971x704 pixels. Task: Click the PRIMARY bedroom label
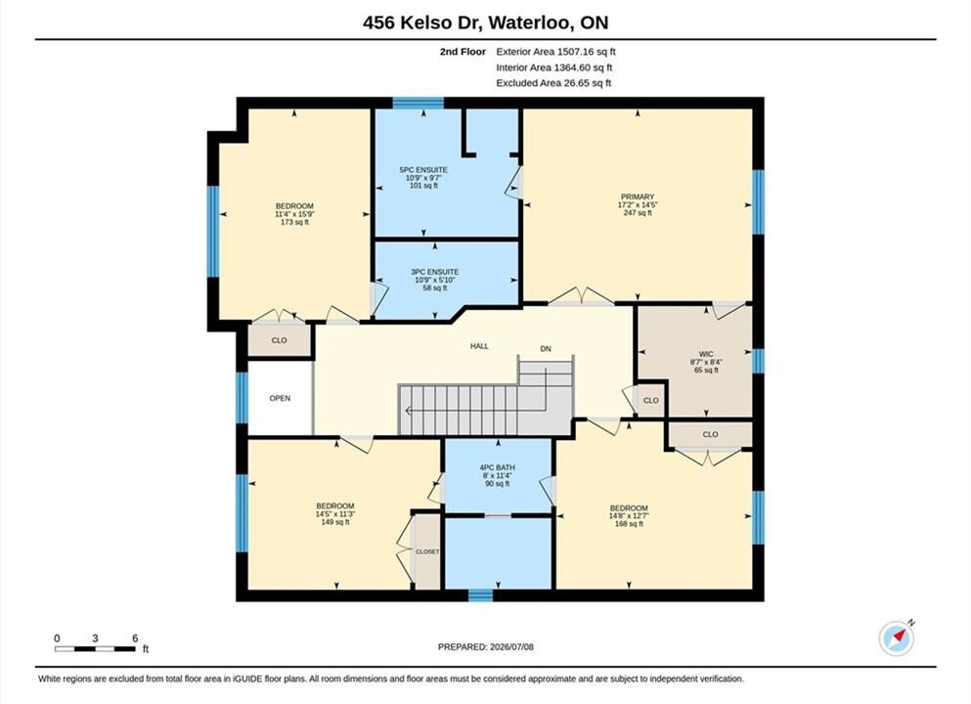(x=638, y=197)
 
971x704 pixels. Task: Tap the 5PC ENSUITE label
(x=423, y=170)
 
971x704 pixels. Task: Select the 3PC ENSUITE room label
(x=435, y=272)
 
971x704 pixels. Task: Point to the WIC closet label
(x=706, y=354)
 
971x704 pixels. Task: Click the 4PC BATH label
(x=498, y=467)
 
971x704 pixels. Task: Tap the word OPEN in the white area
(x=280, y=398)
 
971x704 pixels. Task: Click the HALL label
(x=479, y=346)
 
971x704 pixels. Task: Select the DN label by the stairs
(x=546, y=349)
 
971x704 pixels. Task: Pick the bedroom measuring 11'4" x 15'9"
(x=294, y=213)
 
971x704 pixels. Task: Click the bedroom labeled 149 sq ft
(x=335, y=514)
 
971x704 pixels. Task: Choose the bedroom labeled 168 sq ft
(x=629, y=515)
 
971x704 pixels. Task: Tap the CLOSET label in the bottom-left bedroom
(x=427, y=551)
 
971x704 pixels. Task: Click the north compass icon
(x=896, y=638)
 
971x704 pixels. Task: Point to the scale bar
(x=95, y=649)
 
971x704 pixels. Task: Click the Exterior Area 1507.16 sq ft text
(x=556, y=52)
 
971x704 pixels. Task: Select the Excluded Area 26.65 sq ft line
(x=553, y=83)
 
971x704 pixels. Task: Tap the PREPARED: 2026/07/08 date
(x=485, y=647)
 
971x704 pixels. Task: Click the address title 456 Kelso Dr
(x=423, y=22)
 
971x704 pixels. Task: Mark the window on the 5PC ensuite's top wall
(x=418, y=103)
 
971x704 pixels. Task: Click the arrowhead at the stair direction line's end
(x=408, y=410)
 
